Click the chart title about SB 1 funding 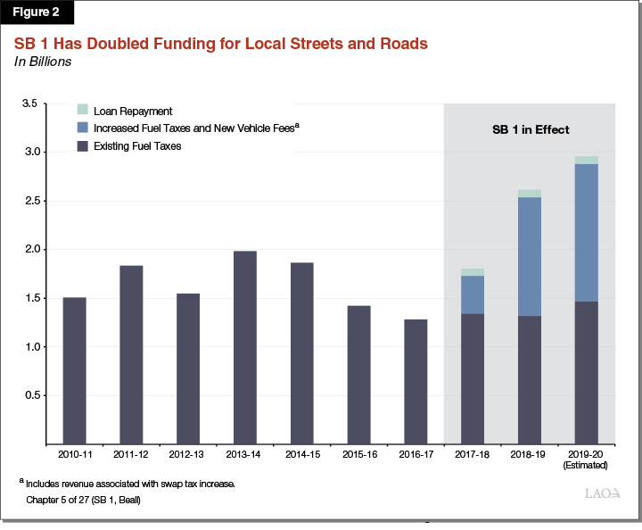point(219,44)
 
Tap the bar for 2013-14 point(244,347)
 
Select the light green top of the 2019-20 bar point(586,161)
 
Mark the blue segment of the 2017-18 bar point(472,294)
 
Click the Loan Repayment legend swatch point(82,111)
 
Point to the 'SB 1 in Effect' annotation point(531,129)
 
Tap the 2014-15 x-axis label point(301,455)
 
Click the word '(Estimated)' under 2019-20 point(586,465)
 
